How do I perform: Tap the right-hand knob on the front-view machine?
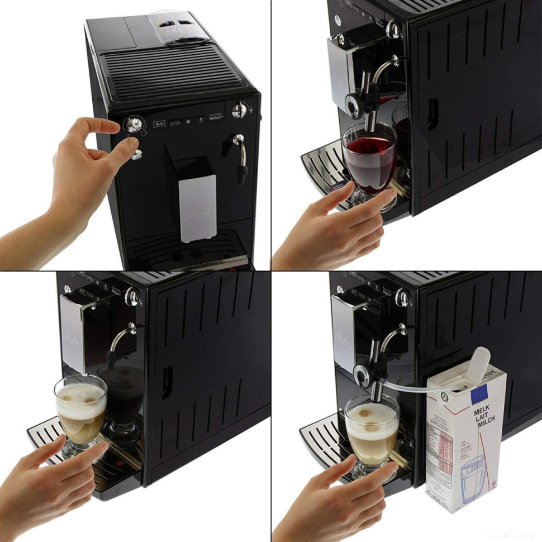[x=240, y=108]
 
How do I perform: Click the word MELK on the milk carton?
[x=482, y=412]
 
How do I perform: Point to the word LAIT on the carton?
[x=482, y=420]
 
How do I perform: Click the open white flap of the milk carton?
[x=479, y=363]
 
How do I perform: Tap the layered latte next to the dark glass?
[x=80, y=411]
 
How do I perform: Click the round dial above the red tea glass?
[x=354, y=104]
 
